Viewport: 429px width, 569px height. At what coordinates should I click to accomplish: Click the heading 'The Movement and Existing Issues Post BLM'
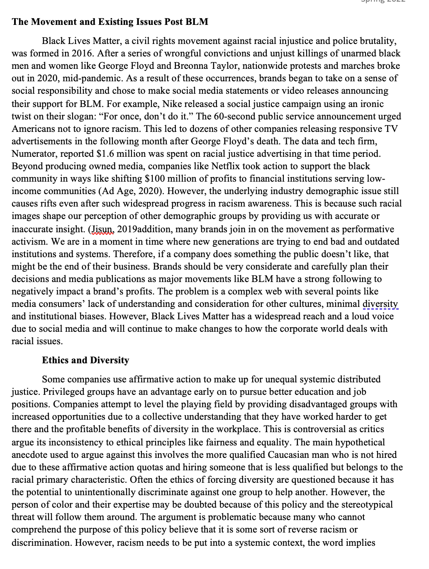point(110,22)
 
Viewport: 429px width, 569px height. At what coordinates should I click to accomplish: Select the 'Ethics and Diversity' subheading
point(85,360)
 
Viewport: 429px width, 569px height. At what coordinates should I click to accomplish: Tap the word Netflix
point(227,166)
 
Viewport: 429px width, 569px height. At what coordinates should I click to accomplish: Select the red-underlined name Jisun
point(102,229)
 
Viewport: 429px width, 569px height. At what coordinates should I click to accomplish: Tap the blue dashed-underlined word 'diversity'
point(380,304)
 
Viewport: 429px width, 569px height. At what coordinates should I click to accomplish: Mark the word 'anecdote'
point(29,455)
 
